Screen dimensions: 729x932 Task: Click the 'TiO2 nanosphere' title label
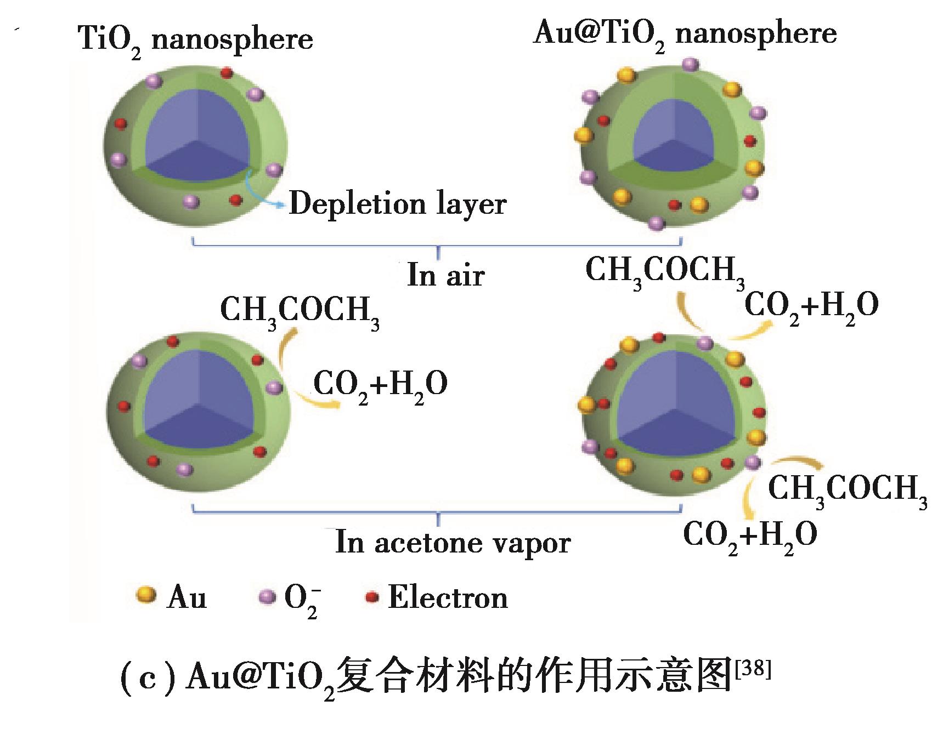coord(196,39)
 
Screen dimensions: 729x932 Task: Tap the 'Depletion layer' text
coord(397,204)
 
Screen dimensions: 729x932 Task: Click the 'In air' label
coord(445,275)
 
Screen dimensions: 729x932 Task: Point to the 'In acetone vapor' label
coord(453,543)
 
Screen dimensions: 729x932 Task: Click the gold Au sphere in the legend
coord(146,596)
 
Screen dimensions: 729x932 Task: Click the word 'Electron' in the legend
coord(448,597)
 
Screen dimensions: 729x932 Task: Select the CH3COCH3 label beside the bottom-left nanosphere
coord(300,312)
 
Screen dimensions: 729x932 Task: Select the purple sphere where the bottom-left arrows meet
coord(274,388)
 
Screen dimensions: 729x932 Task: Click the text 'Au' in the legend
coord(187,597)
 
